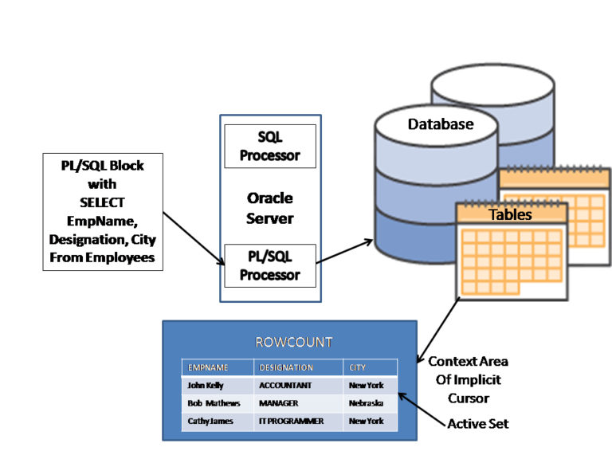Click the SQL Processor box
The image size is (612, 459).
coord(270,147)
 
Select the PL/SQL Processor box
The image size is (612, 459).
coord(270,266)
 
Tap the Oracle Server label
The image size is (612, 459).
coord(269,209)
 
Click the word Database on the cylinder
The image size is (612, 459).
coord(441,124)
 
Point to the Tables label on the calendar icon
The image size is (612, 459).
coord(510,214)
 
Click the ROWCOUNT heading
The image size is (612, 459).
coord(294,343)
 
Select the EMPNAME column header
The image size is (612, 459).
coord(208,367)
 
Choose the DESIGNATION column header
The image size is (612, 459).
coord(286,367)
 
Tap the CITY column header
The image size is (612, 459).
coord(357,367)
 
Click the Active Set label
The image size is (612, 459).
coord(478,424)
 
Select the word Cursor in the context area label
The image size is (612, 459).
coord(469,398)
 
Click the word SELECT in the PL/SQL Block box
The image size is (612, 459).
coord(102,202)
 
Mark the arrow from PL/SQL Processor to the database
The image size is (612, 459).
coord(344,251)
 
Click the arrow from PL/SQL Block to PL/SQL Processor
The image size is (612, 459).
coord(194,239)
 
